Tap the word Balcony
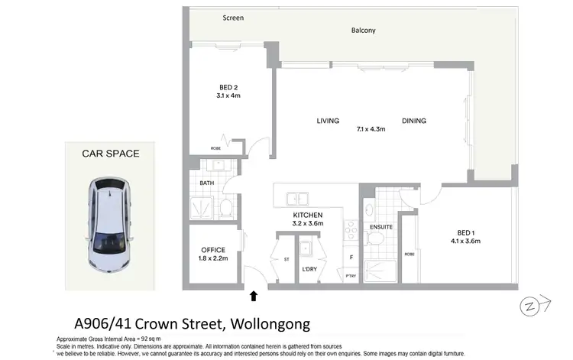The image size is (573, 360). (x=363, y=31)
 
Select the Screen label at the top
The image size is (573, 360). (x=232, y=17)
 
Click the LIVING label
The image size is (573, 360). (x=328, y=121)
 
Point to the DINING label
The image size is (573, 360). (x=414, y=121)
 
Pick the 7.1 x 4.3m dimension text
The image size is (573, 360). (x=371, y=129)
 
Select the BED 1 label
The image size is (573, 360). (x=465, y=232)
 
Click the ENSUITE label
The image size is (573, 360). (x=380, y=226)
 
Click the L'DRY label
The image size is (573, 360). (x=309, y=268)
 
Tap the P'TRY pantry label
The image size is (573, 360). (x=351, y=276)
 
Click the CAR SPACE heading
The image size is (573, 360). (x=111, y=154)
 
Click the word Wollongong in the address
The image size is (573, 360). (x=267, y=324)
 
